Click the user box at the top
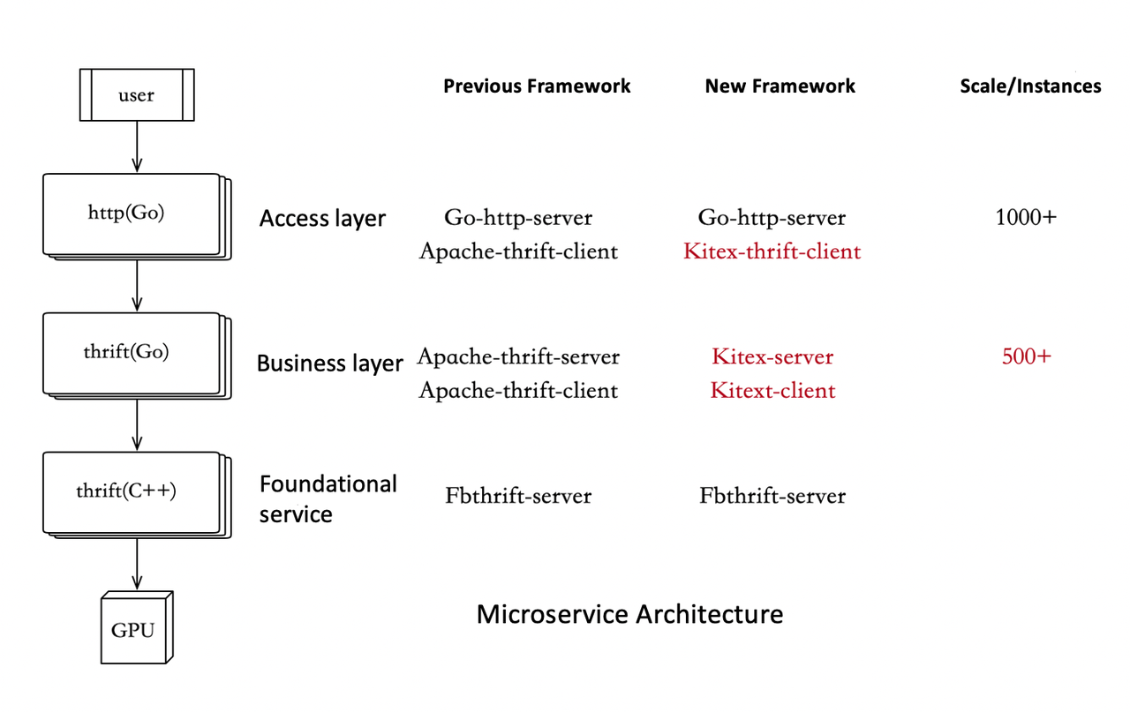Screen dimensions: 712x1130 click(137, 95)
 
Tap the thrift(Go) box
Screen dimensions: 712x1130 click(131, 352)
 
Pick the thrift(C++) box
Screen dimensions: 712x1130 click(131, 491)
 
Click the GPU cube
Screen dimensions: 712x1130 click(134, 630)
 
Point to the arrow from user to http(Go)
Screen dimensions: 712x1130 click(137, 146)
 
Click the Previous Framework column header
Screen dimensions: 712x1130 click(537, 86)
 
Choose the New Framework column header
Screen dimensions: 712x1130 click(780, 86)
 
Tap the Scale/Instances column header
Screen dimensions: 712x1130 click(1030, 86)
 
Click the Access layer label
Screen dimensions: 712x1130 click(322, 219)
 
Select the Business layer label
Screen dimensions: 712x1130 click(329, 363)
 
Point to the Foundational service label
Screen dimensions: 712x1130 click(328, 498)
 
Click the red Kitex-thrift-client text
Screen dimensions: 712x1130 click(772, 251)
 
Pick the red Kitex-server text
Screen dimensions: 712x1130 click(772, 357)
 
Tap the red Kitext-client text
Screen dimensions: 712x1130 click(772, 391)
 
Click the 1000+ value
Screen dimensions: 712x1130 click(1025, 217)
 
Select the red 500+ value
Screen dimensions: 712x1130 click(1026, 357)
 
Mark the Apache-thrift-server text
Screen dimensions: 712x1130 click(518, 357)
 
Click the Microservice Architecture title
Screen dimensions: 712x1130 click(629, 614)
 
